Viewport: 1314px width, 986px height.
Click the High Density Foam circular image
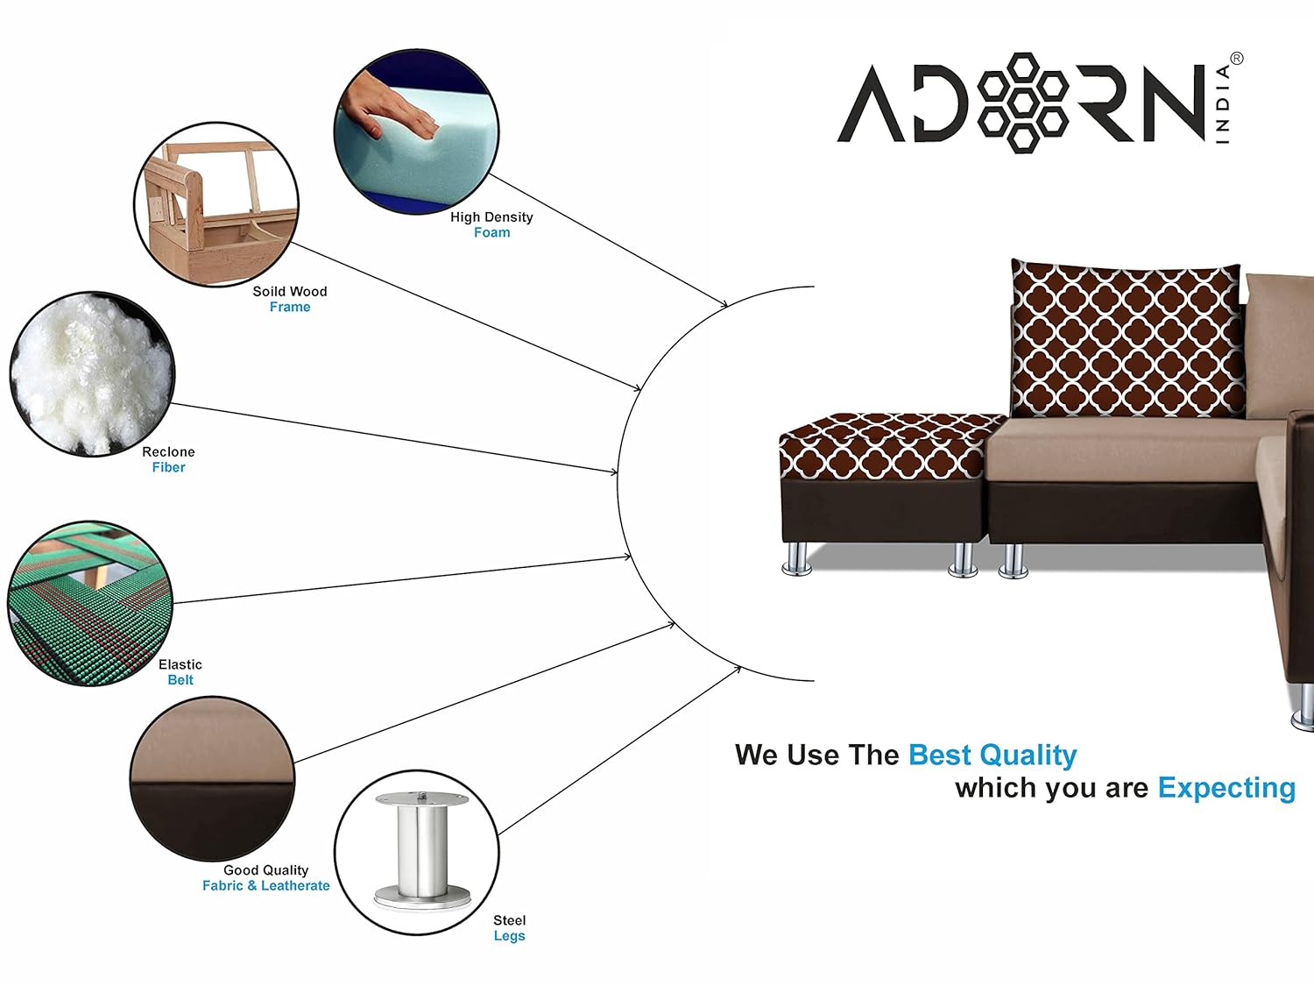(416, 131)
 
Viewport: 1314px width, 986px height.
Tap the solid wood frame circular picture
(216, 204)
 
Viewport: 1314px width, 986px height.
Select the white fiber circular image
(92, 374)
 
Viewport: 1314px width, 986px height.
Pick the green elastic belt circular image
(90, 604)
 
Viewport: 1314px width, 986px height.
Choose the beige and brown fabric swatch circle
(213, 779)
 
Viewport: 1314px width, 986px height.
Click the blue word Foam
(492, 232)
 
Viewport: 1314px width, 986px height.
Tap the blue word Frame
(290, 307)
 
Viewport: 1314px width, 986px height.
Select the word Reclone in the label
(168, 452)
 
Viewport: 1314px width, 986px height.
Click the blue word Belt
(180, 680)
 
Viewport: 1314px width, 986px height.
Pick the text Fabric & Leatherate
(265, 885)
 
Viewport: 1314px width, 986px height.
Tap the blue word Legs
(510, 936)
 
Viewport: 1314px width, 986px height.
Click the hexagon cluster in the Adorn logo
(1023, 103)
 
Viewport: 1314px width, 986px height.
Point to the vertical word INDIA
(1223, 103)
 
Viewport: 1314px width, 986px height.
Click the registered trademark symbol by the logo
(1237, 59)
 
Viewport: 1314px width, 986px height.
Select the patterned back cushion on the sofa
(1127, 339)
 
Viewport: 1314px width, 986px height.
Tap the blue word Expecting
(1226, 788)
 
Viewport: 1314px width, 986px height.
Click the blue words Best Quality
(993, 755)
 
